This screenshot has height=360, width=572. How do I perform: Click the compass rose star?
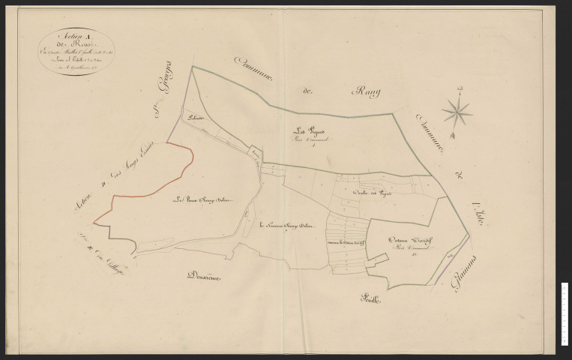456,113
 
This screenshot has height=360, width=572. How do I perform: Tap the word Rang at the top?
365,92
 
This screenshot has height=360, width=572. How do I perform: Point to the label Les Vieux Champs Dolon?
200,199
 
